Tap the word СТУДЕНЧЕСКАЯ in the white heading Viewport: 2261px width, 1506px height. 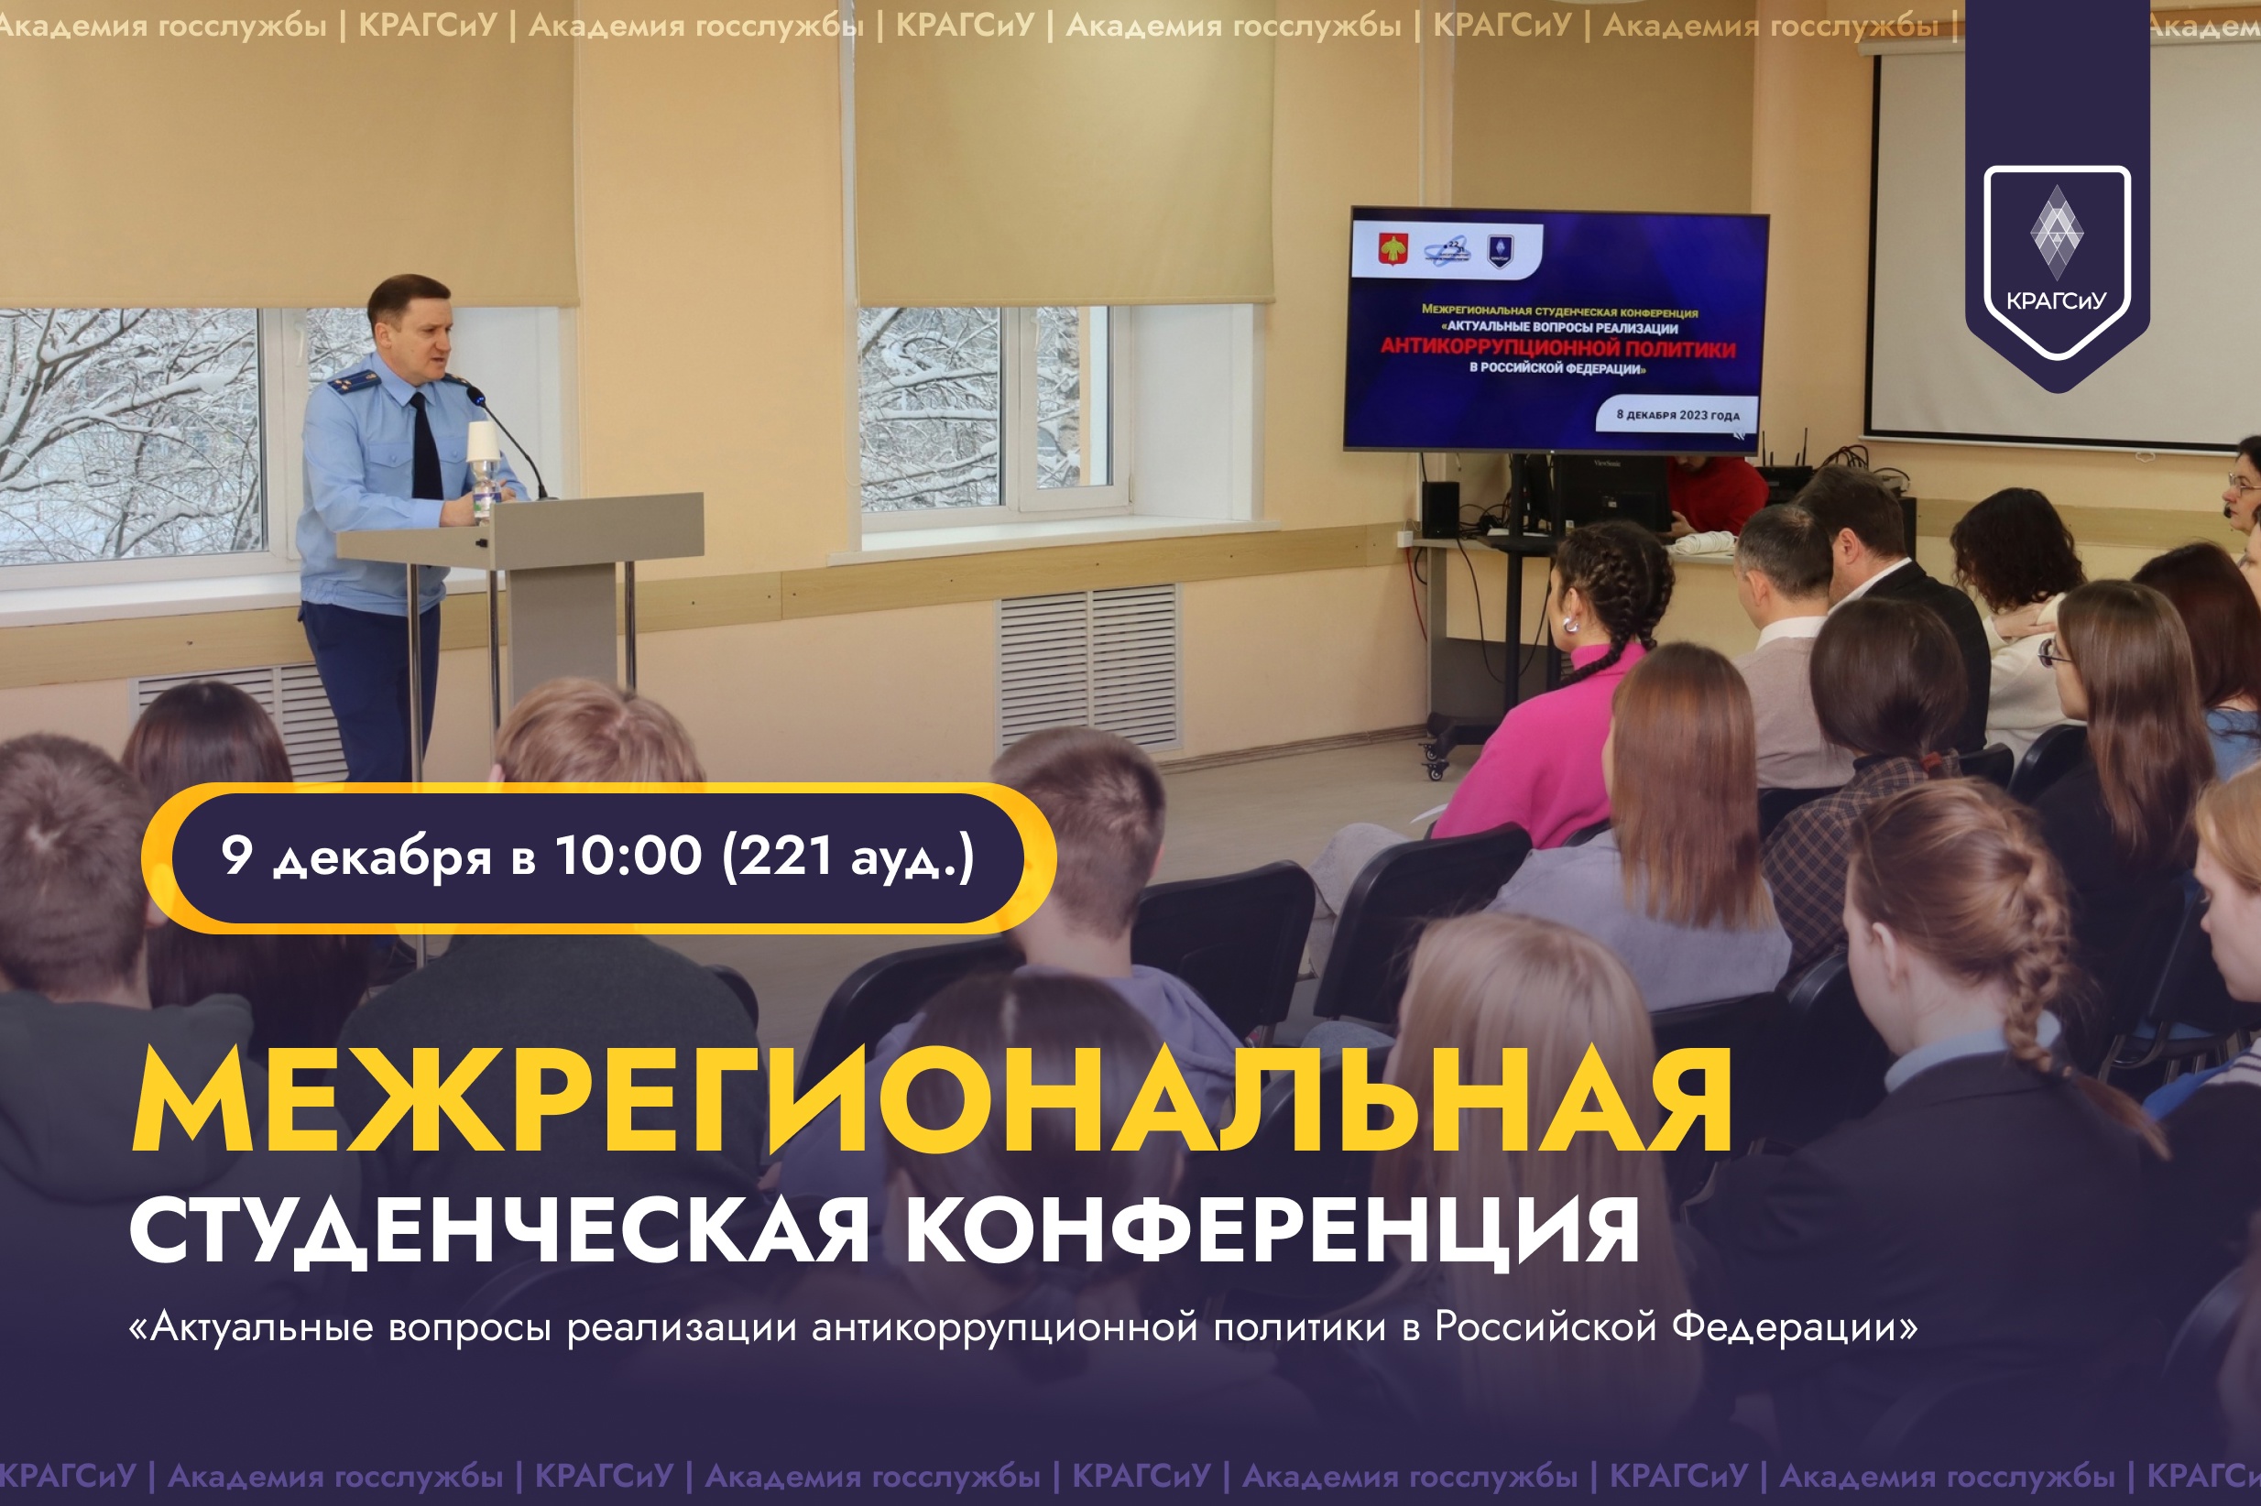pyautogui.click(x=499, y=1232)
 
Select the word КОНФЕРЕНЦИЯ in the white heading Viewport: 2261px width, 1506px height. pyautogui.click(x=1272, y=1232)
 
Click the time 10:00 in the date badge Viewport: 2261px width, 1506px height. pyautogui.click(x=629, y=855)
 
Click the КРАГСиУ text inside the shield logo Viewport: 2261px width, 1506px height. pyautogui.click(x=2057, y=300)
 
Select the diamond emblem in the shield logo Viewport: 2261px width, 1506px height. pyautogui.click(x=2057, y=231)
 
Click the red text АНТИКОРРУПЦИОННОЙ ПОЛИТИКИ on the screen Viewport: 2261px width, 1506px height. pyautogui.click(x=1558, y=348)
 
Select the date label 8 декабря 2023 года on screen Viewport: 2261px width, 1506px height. pyautogui.click(x=1678, y=415)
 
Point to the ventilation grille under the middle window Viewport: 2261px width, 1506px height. pyautogui.click(x=1088, y=666)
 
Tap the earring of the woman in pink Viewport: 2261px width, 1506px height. pyautogui.click(x=1571, y=625)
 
